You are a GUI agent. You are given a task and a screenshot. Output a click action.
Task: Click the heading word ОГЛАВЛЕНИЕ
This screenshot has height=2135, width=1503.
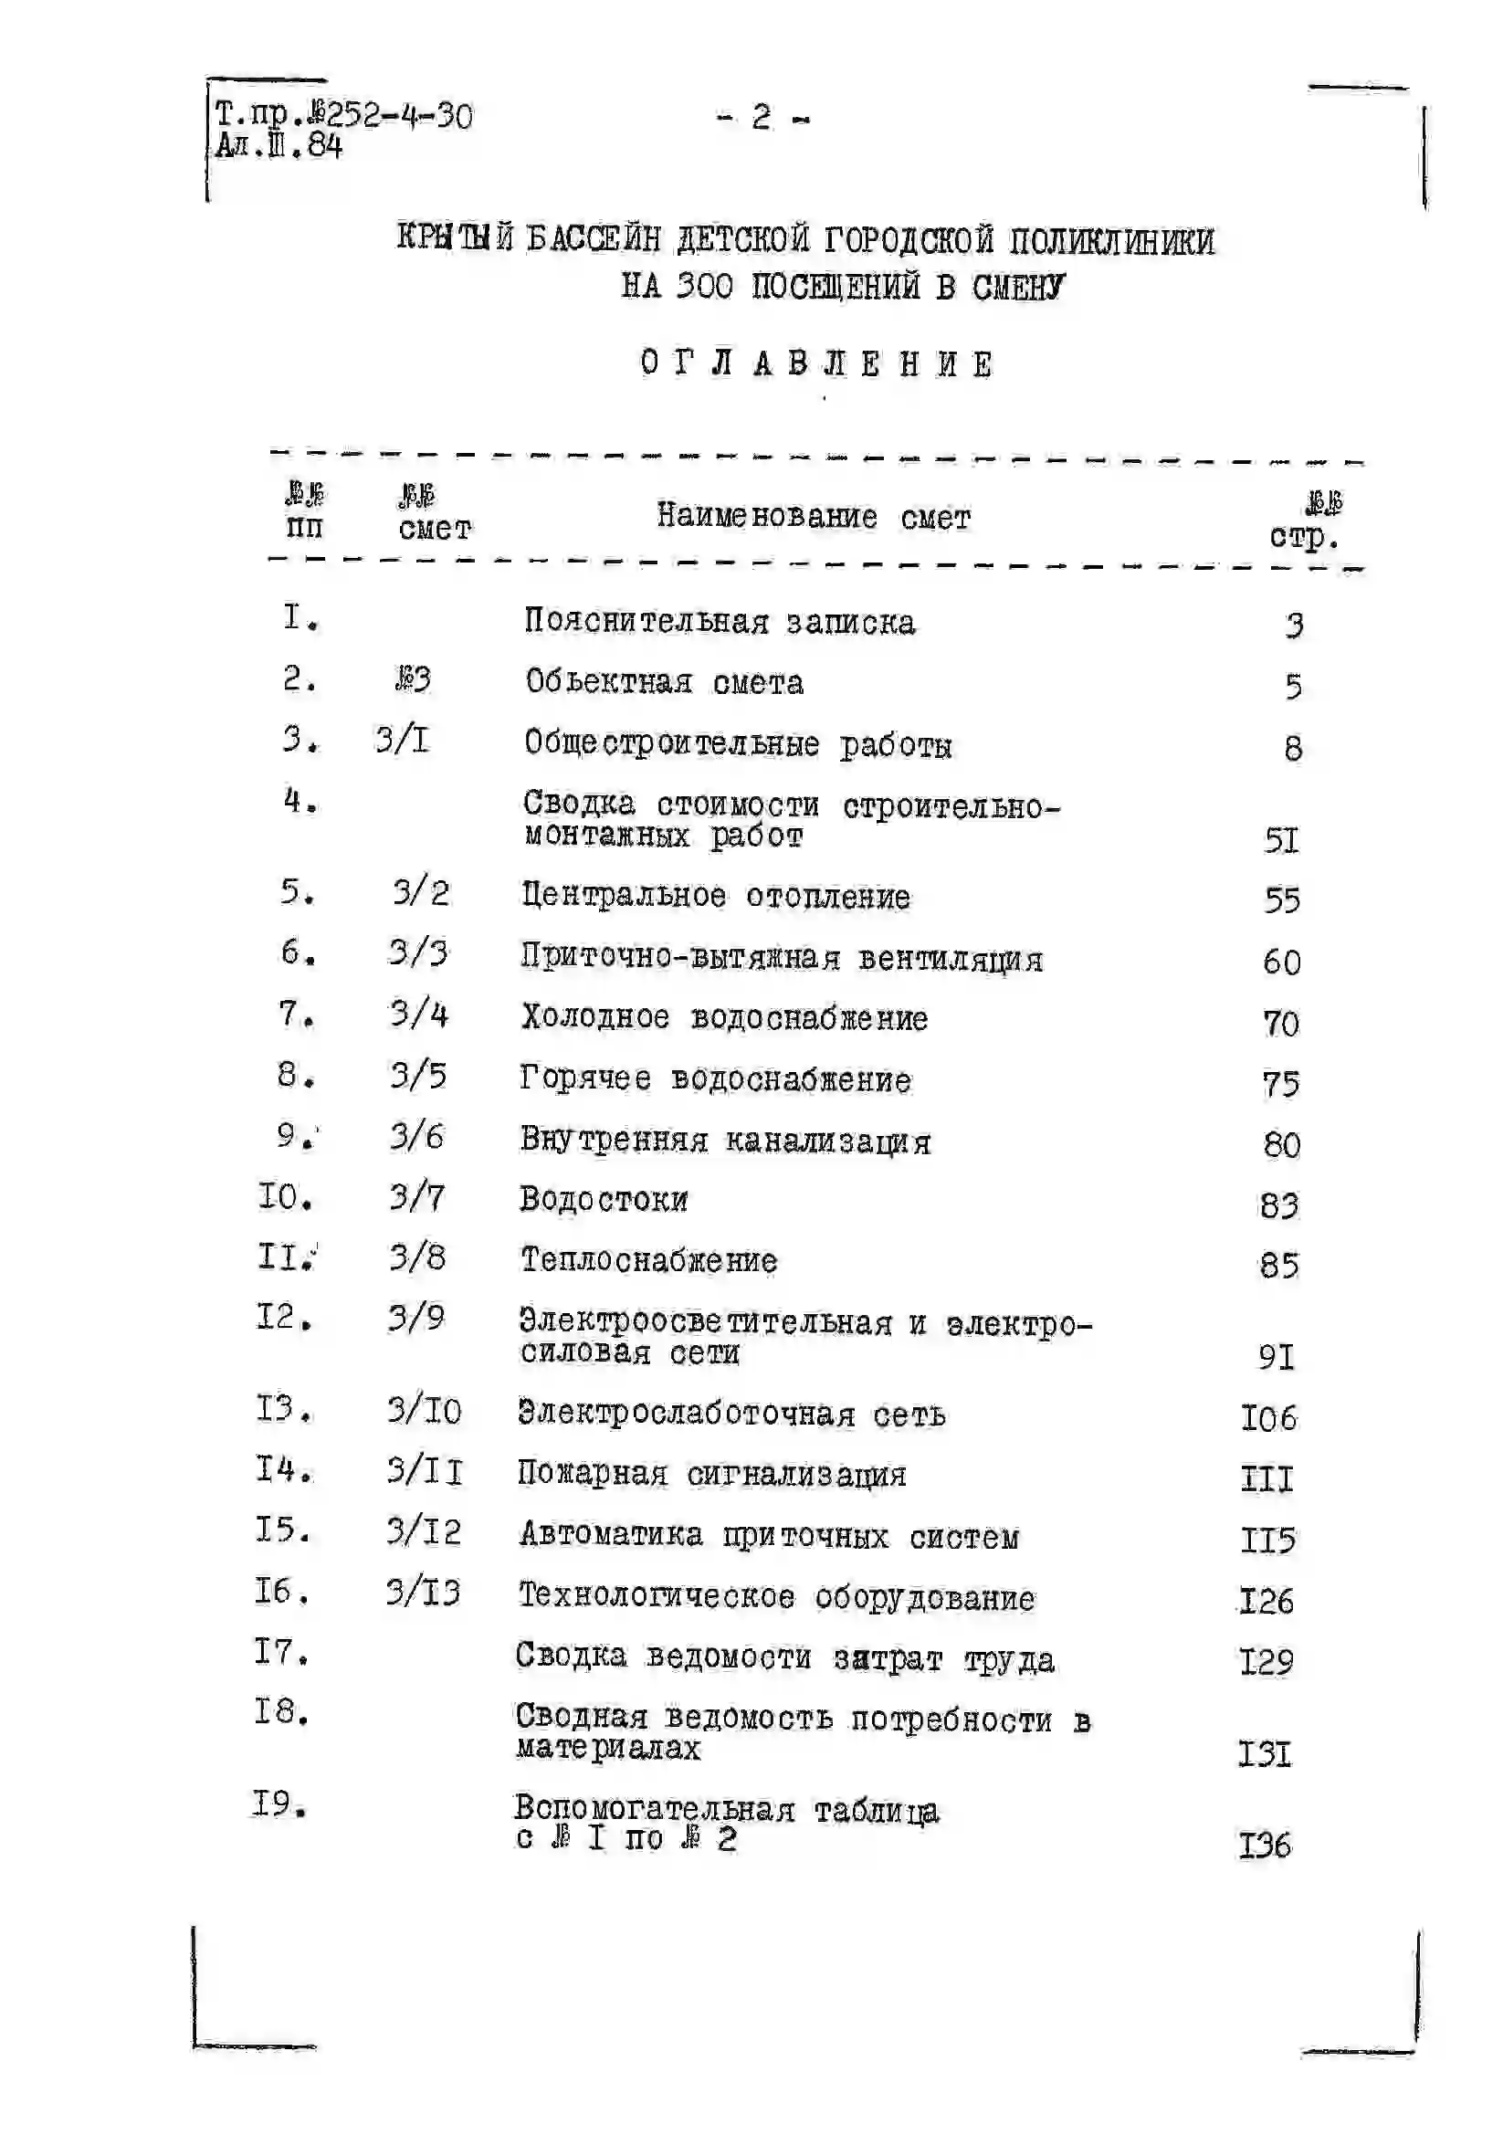(x=816, y=363)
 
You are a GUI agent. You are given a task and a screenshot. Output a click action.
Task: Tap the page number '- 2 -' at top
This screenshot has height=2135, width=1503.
(x=762, y=118)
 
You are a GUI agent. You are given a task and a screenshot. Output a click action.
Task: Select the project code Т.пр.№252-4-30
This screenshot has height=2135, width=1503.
(x=344, y=115)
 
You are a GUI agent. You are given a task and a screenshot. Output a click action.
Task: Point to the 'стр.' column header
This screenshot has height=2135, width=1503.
(x=1304, y=537)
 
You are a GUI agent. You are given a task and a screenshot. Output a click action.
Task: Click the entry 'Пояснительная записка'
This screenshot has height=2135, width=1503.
(x=719, y=621)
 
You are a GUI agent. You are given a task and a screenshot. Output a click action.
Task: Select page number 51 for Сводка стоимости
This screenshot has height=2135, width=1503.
(x=1281, y=840)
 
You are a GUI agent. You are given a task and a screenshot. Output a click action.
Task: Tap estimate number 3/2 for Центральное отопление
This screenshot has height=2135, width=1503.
(x=420, y=893)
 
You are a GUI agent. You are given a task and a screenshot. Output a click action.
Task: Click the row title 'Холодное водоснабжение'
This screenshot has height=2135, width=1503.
(x=723, y=1017)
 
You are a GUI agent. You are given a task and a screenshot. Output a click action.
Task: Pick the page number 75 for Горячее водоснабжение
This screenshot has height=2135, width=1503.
(x=1281, y=1083)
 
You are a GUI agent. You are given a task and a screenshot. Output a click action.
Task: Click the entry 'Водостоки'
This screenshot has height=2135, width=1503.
(x=604, y=1200)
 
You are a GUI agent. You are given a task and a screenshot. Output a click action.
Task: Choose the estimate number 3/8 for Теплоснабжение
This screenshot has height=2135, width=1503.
(x=417, y=1257)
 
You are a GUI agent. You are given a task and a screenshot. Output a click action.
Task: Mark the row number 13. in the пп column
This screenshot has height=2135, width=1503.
(x=284, y=1409)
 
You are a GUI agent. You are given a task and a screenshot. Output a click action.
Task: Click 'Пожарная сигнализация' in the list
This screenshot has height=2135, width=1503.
(x=711, y=1474)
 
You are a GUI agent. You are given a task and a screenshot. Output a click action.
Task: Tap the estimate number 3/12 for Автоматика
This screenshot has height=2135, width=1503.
(x=424, y=1531)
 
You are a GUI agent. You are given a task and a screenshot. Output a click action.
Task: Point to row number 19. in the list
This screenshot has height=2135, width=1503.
(x=280, y=1805)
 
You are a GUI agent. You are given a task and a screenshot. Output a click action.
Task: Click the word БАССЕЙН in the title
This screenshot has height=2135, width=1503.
(x=594, y=240)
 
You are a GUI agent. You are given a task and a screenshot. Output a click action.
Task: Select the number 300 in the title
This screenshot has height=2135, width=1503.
(x=704, y=287)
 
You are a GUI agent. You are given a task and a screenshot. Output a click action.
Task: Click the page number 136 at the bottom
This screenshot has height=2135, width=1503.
(x=1265, y=1844)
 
